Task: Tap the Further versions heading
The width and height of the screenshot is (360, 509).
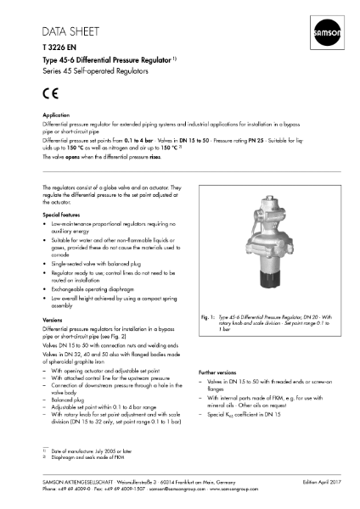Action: coord(222,396)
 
